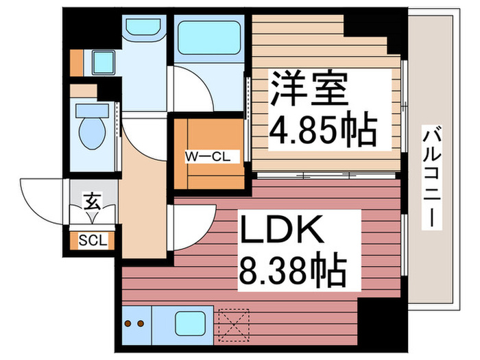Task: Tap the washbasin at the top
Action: pyautogui.click(x=142, y=31)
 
